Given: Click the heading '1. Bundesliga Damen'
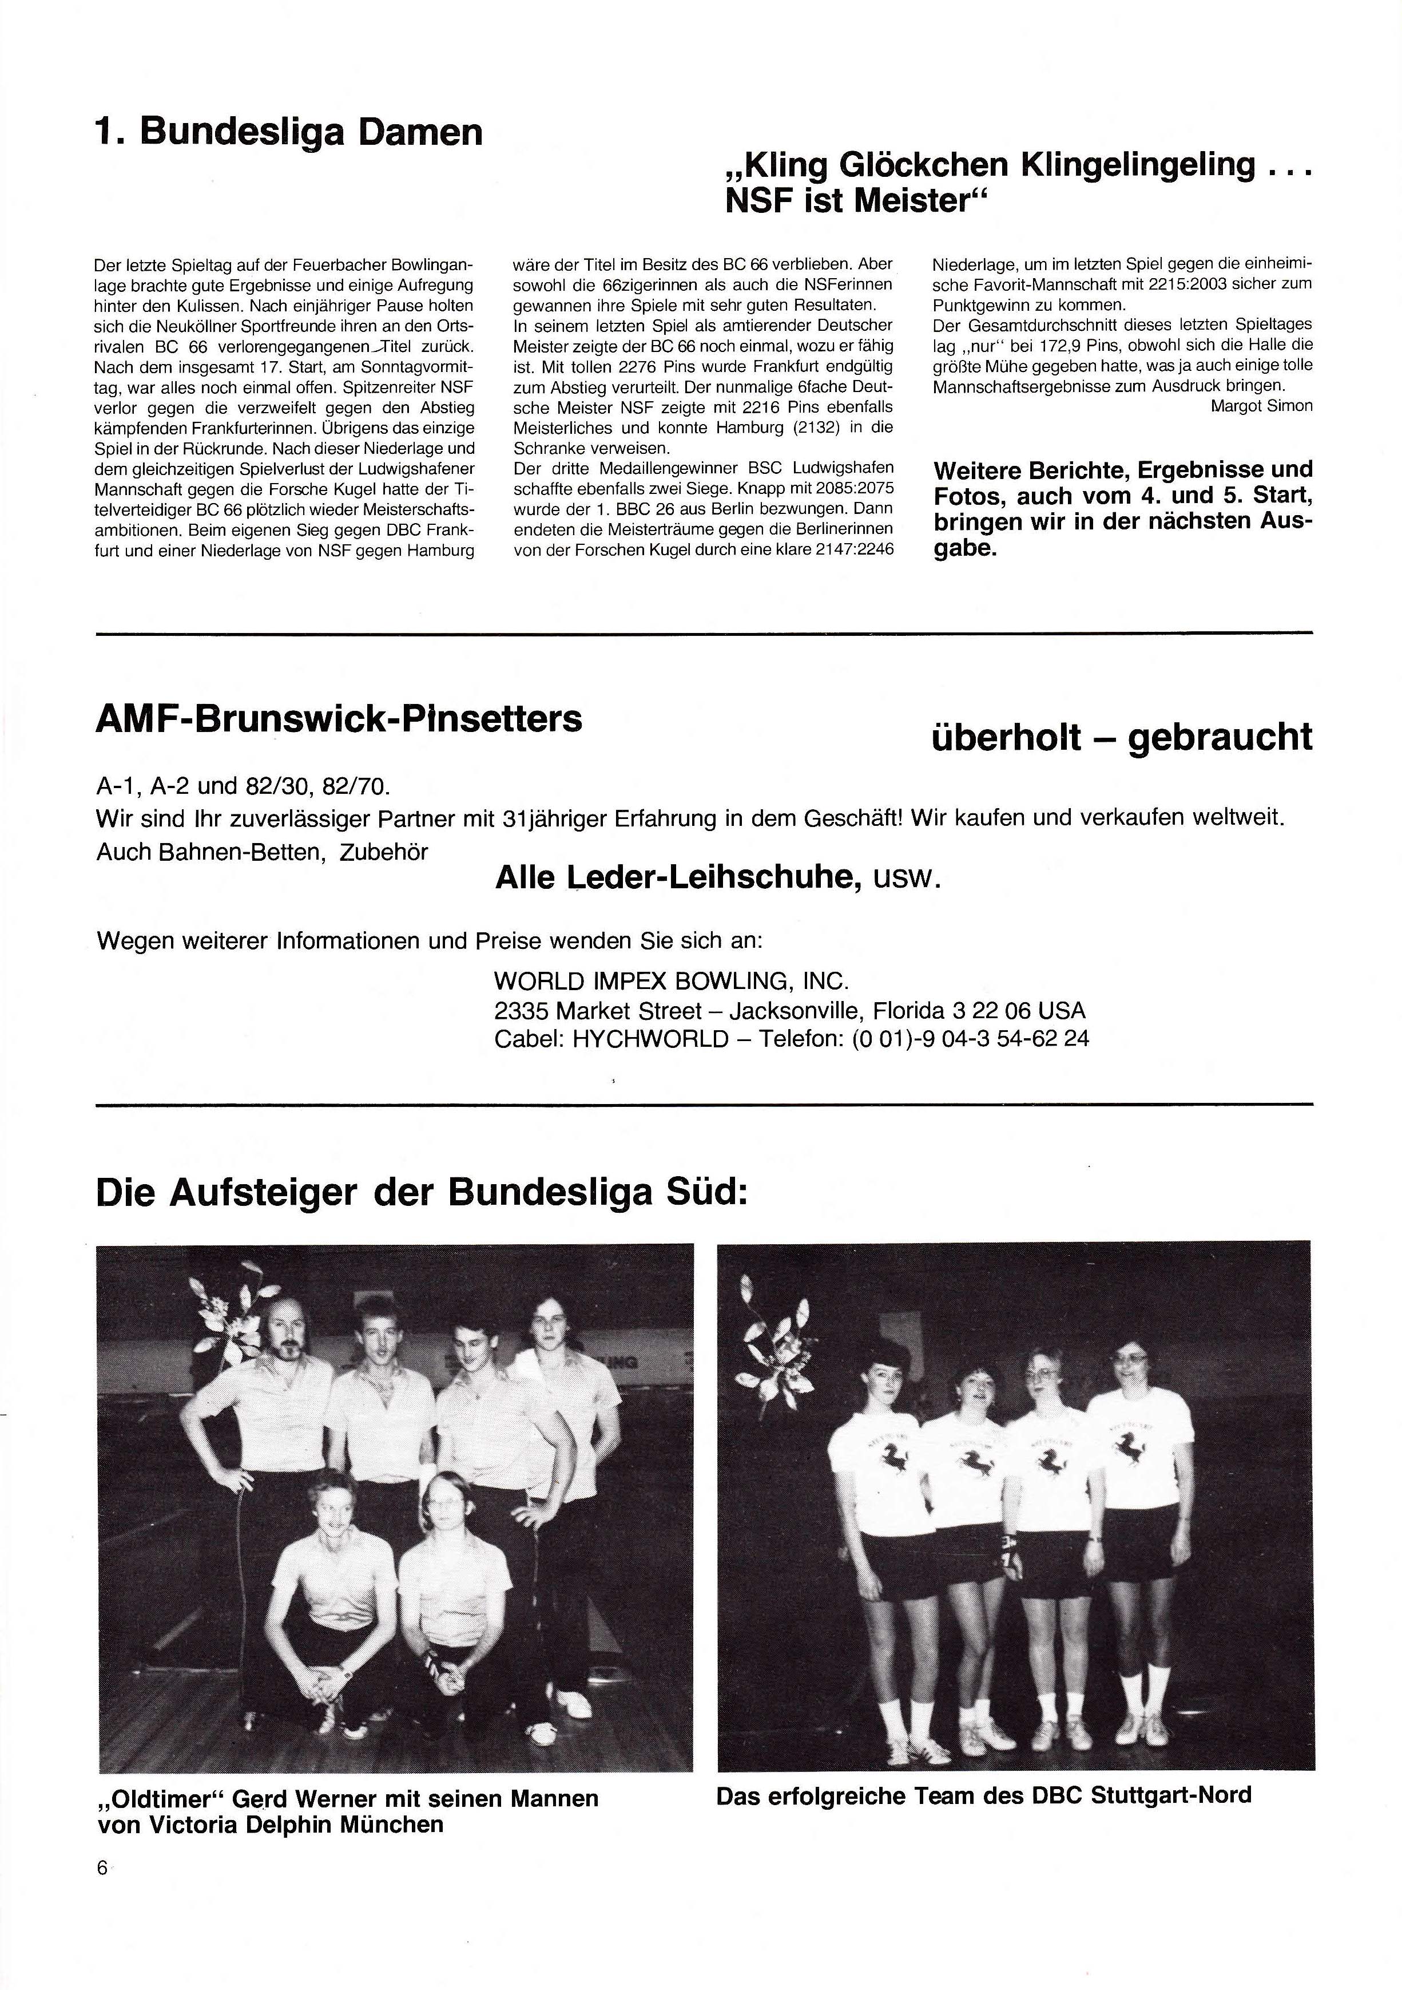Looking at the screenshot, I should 288,133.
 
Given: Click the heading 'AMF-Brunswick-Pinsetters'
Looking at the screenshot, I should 338,719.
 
